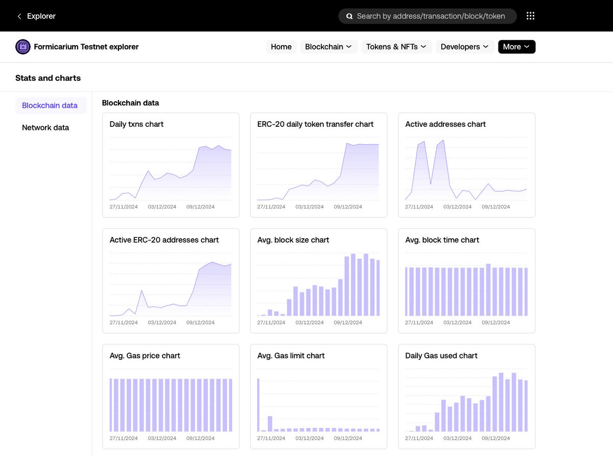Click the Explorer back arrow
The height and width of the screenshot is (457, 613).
tap(19, 16)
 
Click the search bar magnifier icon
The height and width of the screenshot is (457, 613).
tap(349, 16)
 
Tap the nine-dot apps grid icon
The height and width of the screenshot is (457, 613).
tap(530, 16)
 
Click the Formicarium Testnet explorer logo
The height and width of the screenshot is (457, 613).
tap(23, 47)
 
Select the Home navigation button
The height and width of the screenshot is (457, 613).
tap(281, 47)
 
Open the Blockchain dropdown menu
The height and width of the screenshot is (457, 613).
tap(328, 47)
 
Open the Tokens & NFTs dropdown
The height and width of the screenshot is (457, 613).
tap(396, 47)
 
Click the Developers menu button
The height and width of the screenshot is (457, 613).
tap(465, 47)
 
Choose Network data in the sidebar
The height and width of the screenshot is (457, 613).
tap(45, 128)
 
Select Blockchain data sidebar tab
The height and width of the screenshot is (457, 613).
tap(50, 106)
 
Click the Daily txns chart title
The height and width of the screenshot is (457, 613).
tap(136, 124)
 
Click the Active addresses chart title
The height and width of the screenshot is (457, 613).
tap(445, 124)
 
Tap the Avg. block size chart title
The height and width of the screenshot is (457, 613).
tap(293, 240)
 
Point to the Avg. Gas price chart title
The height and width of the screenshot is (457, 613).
tap(145, 356)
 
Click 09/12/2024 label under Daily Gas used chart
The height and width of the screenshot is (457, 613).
tap(496, 439)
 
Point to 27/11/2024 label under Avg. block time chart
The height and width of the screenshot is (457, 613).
tap(419, 323)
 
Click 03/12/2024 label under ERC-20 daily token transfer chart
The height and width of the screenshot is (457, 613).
tap(310, 207)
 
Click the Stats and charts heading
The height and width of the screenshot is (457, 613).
tap(48, 78)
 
